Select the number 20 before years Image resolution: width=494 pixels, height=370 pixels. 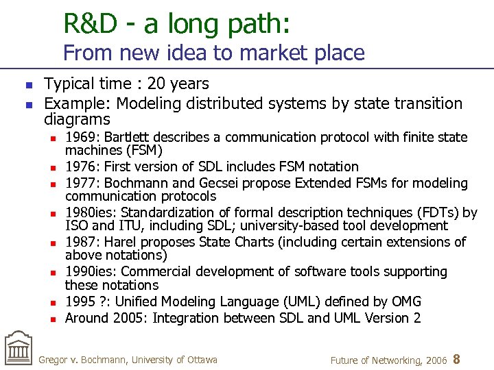pos(156,84)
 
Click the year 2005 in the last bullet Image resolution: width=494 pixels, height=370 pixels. pos(130,318)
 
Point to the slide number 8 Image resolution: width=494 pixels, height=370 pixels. pos(457,358)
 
